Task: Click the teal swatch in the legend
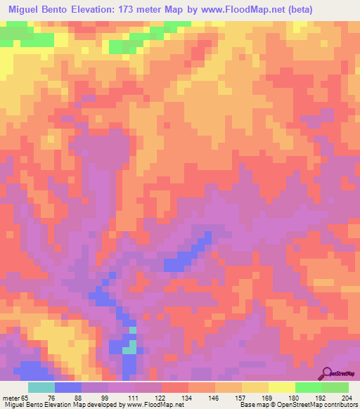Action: point(41,387)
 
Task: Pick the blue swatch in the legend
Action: point(68,387)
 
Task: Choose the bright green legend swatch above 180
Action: point(308,387)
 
